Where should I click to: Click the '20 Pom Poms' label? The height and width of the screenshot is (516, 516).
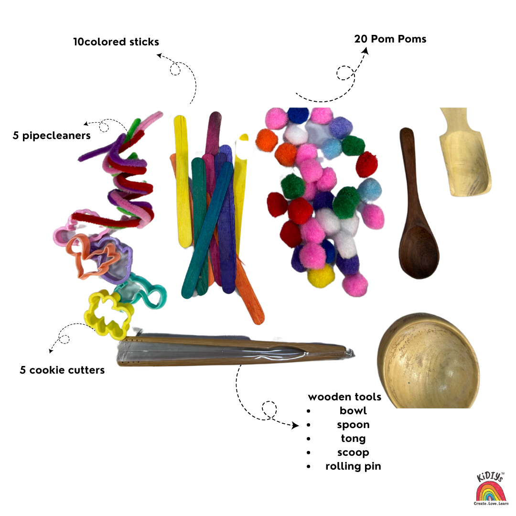[390, 39]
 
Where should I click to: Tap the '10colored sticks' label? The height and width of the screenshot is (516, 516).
[116, 42]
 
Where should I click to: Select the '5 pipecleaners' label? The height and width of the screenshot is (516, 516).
[52, 136]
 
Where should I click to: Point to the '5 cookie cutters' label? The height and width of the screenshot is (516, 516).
[62, 370]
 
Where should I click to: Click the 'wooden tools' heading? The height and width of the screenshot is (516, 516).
[344, 397]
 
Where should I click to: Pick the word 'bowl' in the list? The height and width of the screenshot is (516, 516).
[353, 411]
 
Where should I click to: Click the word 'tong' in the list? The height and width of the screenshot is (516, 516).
[353, 439]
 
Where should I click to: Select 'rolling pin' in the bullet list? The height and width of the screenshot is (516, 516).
[353, 466]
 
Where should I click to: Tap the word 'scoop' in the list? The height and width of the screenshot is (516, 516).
[353, 452]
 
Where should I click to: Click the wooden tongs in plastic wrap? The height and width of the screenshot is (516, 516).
[234, 352]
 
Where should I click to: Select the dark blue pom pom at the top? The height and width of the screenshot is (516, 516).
[298, 116]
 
